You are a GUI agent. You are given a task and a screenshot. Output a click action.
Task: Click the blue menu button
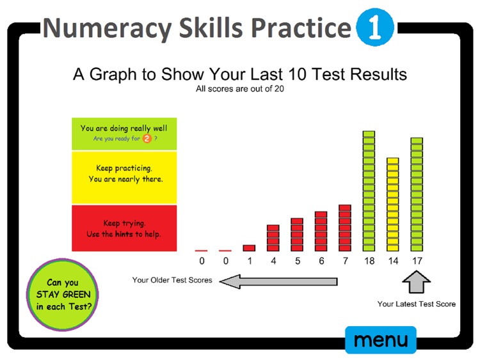380,340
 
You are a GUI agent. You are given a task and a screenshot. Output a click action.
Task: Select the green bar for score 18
369,191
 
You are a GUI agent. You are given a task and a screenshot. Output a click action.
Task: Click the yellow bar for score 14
392,204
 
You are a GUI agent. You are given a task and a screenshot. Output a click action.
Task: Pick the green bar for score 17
417,194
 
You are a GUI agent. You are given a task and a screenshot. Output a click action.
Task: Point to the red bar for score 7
345,228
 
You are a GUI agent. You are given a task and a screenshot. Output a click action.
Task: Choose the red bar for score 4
273,238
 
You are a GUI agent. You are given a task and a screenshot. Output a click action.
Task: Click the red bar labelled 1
249,247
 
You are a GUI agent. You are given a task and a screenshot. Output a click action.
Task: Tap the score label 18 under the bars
369,261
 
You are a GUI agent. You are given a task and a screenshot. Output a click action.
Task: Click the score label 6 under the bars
321,261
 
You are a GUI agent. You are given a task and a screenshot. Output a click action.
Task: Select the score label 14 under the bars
392,261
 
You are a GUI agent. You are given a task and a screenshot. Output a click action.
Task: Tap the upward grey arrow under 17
417,281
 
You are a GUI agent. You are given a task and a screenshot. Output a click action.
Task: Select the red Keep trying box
124,228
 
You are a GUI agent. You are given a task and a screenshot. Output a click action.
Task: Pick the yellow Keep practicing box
124,178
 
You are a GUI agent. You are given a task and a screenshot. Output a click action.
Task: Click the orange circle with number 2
147,139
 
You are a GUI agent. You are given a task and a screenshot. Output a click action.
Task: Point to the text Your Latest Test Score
417,304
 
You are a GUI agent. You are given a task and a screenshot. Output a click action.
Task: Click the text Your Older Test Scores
172,280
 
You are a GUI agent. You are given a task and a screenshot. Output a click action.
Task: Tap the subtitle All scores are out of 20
240,89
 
